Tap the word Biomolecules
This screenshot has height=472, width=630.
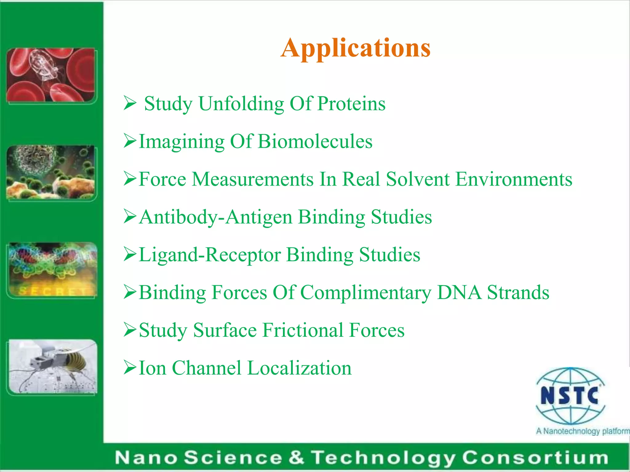[x=315, y=142]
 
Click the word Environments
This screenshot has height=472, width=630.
[x=514, y=179]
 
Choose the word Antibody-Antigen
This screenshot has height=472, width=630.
[x=215, y=217]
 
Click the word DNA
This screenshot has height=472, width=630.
[x=459, y=292]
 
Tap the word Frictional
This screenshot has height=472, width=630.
[x=303, y=330]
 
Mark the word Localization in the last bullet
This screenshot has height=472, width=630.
[x=299, y=368]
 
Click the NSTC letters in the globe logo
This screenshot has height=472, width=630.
[x=570, y=396]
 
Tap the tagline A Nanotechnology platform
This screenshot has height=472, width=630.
[x=582, y=431]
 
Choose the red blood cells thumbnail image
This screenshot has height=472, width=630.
[x=51, y=75]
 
